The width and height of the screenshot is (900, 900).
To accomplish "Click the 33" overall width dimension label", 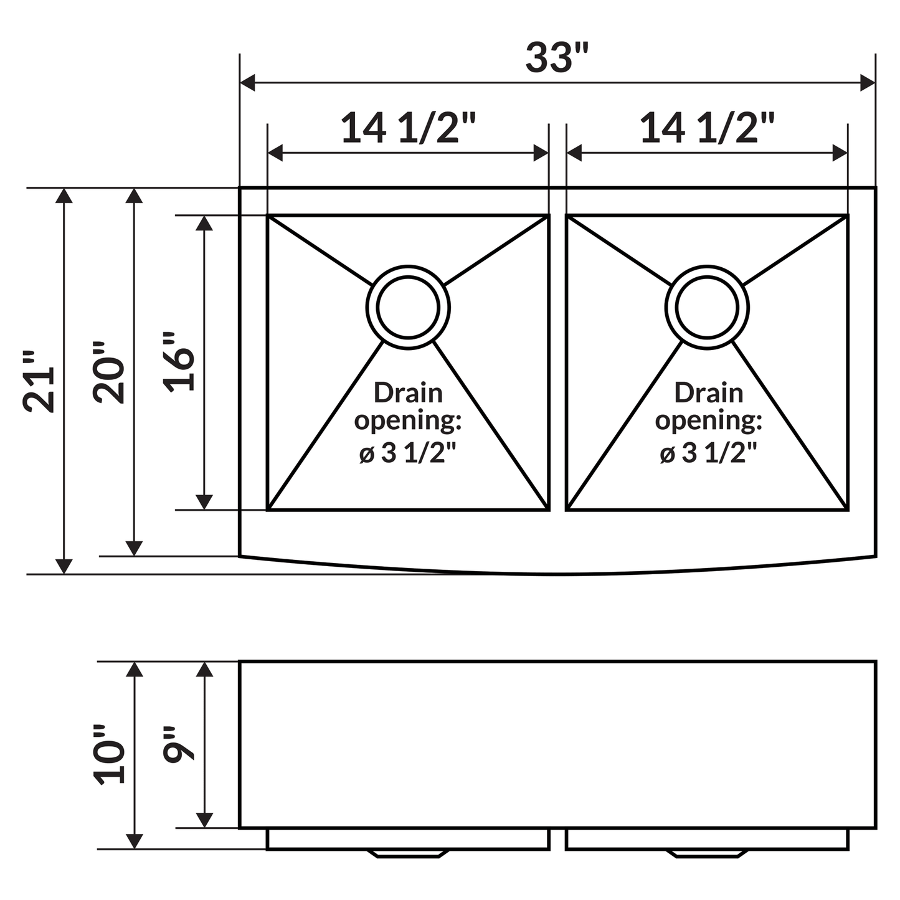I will coord(556,58).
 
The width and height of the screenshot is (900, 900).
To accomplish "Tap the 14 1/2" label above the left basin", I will coord(408,128).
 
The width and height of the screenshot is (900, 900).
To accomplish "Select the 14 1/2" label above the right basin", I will coord(707,128).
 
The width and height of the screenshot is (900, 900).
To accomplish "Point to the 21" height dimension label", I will coord(39,381).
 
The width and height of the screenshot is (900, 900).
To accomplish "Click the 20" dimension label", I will coord(109,372).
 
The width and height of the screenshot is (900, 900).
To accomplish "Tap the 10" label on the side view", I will coord(109,754).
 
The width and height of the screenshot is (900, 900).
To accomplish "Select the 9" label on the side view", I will coord(179,744).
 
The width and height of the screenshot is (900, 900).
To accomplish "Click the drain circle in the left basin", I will coord(408,307).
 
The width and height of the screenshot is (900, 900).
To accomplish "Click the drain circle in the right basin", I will coord(707,307).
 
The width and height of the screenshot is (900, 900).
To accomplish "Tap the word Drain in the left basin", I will coord(408,393).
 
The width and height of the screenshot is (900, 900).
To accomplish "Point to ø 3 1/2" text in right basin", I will coord(708,453).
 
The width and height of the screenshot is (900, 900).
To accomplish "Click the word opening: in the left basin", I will coord(408,420).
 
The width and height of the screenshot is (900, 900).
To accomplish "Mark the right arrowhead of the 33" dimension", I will coord(868,82).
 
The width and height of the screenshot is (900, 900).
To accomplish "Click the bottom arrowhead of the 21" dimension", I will coord(64,566).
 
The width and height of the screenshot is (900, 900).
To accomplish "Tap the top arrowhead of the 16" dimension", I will coord(204,224).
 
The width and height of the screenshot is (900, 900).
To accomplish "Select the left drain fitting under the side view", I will coord(408,853).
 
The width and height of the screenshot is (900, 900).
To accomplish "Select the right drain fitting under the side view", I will coord(707,853).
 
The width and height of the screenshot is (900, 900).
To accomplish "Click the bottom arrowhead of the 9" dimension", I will coord(204,820).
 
